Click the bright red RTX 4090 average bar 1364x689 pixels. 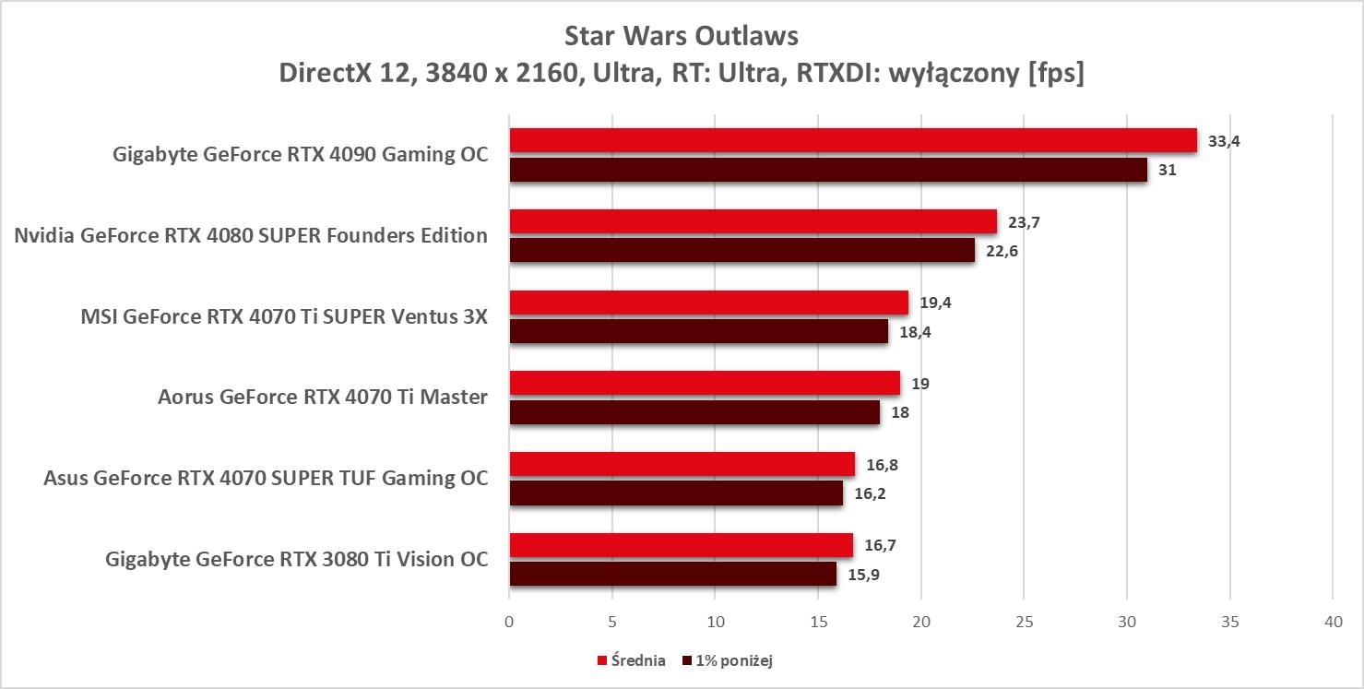(853, 140)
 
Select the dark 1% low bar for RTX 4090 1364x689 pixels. (828, 170)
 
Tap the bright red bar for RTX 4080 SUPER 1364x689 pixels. (753, 221)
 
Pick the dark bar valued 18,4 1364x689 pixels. (698, 331)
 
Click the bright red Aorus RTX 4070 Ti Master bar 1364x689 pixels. (705, 383)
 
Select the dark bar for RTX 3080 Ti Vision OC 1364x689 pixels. (672, 574)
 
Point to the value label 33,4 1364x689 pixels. (1224, 141)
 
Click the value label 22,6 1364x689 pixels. (1002, 251)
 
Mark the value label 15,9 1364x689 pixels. (862, 574)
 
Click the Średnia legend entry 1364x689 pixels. (632, 660)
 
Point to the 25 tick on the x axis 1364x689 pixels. (1024, 623)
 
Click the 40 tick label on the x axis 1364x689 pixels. (1333, 623)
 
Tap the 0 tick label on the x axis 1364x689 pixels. (509, 623)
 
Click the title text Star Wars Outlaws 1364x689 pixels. (682, 37)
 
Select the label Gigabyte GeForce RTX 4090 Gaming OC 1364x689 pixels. (300, 155)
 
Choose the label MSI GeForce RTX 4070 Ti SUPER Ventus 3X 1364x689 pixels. (284, 316)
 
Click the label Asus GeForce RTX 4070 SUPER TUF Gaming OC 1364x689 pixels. (266, 478)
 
